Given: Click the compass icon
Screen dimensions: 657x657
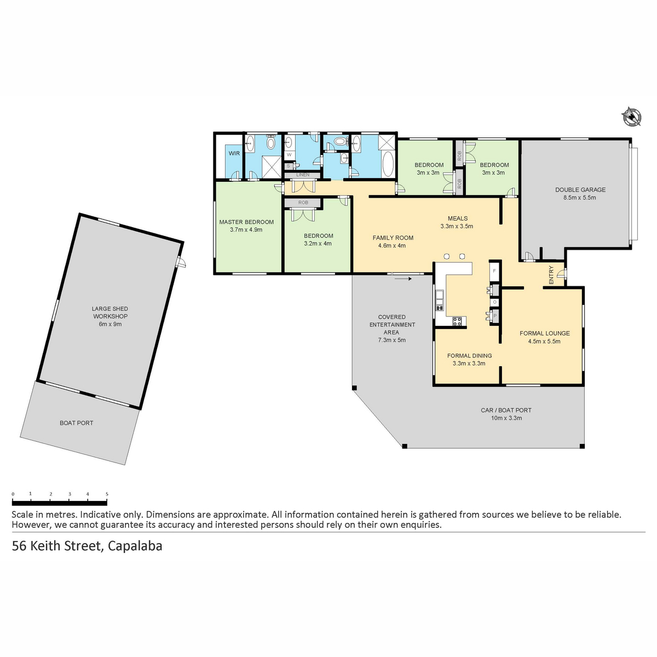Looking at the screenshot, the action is point(631,117).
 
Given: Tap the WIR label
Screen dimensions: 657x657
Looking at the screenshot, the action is point(234,153).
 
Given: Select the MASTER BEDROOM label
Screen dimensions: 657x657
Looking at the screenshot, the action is point(246,222).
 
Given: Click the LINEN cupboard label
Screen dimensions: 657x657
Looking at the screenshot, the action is point(303,175).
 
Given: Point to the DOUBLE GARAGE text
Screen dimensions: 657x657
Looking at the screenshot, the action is point(580,190).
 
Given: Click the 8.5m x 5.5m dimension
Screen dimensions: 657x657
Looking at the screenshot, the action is point(580,198).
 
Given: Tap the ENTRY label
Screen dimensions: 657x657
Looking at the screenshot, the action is point(551,275).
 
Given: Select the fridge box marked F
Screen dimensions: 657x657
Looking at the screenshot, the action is point(494,272).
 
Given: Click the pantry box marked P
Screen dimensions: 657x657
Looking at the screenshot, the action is point(495,316).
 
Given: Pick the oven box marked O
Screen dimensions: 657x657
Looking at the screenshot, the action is point(494,302).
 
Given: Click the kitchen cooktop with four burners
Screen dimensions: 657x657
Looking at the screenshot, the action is point(457,321).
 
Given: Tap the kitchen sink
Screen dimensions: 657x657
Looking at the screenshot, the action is point(440,300).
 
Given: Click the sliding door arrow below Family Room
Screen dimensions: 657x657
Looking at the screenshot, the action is point(404,279).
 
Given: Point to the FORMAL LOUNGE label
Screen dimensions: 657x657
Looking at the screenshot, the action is point(544,333).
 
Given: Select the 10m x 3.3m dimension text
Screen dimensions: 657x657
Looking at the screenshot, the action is point(506,418).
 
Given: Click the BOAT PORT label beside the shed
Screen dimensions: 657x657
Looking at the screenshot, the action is point(76,423).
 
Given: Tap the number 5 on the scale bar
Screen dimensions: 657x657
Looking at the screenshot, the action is point(107,494).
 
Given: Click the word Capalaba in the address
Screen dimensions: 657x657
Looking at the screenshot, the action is point(135,546).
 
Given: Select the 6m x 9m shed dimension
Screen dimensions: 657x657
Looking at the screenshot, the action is point(110,324).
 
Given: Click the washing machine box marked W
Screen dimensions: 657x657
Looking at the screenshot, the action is point(289,155).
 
